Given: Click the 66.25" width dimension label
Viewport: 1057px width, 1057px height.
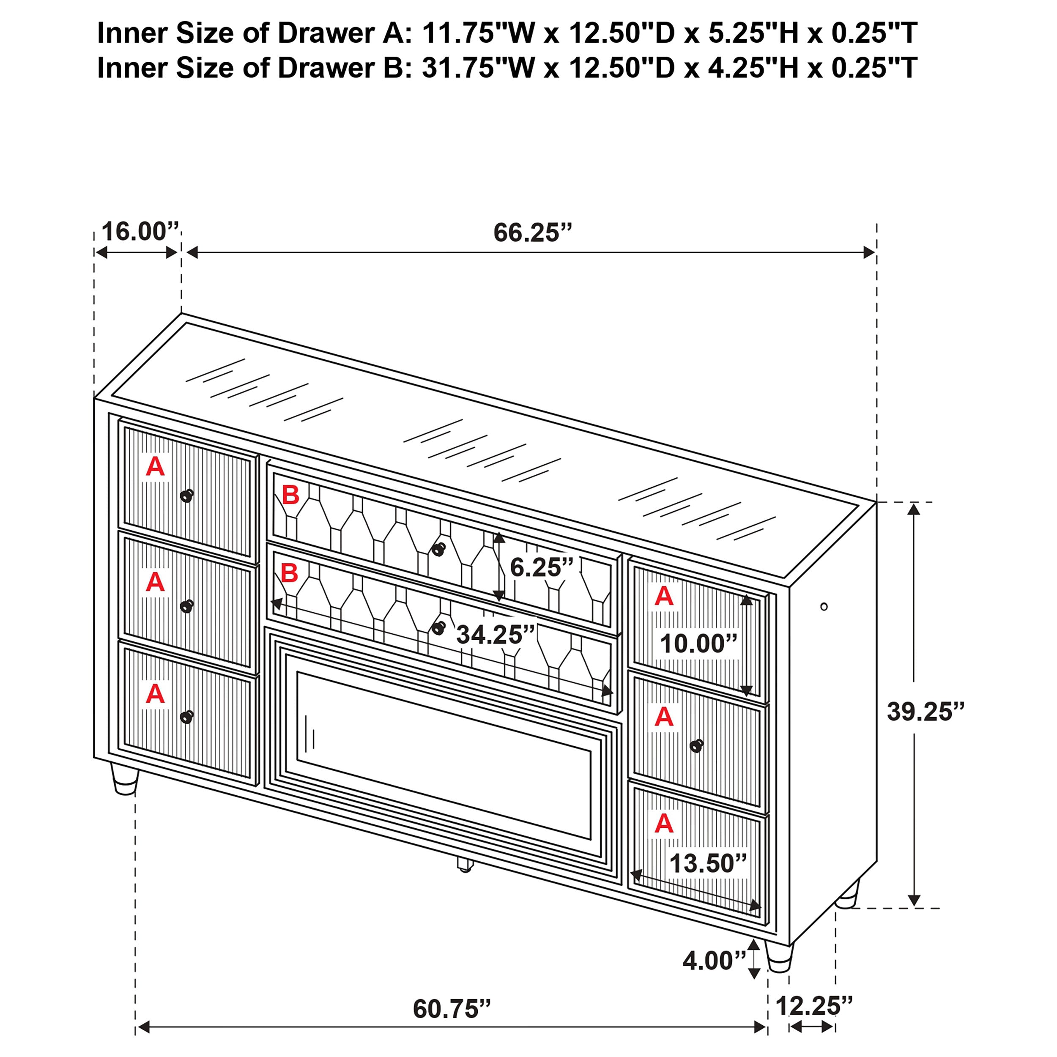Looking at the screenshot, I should [532, 233].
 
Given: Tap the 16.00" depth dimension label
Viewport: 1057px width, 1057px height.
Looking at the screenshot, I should [140, 231].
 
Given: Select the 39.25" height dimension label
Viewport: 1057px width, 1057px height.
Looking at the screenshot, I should [925, 712].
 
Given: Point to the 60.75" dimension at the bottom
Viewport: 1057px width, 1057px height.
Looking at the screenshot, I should [452, 1009].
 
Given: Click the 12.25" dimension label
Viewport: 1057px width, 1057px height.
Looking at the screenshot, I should [813, 1005].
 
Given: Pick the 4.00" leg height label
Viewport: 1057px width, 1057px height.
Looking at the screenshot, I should [714, 961].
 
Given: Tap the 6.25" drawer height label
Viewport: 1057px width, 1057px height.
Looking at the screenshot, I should [541, 567].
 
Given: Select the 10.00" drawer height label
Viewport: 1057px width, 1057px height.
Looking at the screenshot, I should [698, 644].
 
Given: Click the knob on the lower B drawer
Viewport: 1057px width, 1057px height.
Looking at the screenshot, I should [438, 628].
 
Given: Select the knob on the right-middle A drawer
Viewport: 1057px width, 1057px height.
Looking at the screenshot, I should [696, 745].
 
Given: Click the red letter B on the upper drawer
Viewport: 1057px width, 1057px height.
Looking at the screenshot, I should [290, 495].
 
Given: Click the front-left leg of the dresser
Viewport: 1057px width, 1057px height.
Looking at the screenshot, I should [125, 779].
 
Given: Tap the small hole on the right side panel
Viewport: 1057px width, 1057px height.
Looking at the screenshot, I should [824, 606].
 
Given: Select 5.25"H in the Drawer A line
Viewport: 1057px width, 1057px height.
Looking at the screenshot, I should [746, 33].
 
